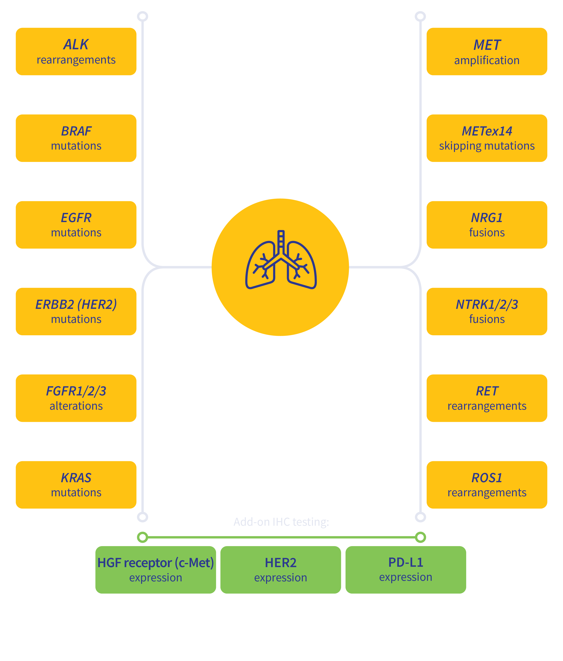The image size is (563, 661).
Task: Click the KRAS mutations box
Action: click(x=76, y=485)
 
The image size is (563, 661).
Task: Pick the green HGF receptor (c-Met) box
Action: click(x=156, y=570)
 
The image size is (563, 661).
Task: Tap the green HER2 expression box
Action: click(x=280, y=570)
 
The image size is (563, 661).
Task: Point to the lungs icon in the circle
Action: click(x=280, y=260)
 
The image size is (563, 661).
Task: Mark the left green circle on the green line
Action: click(x=143, y=537)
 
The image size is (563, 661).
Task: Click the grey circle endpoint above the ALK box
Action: click(x=143, y=16)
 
